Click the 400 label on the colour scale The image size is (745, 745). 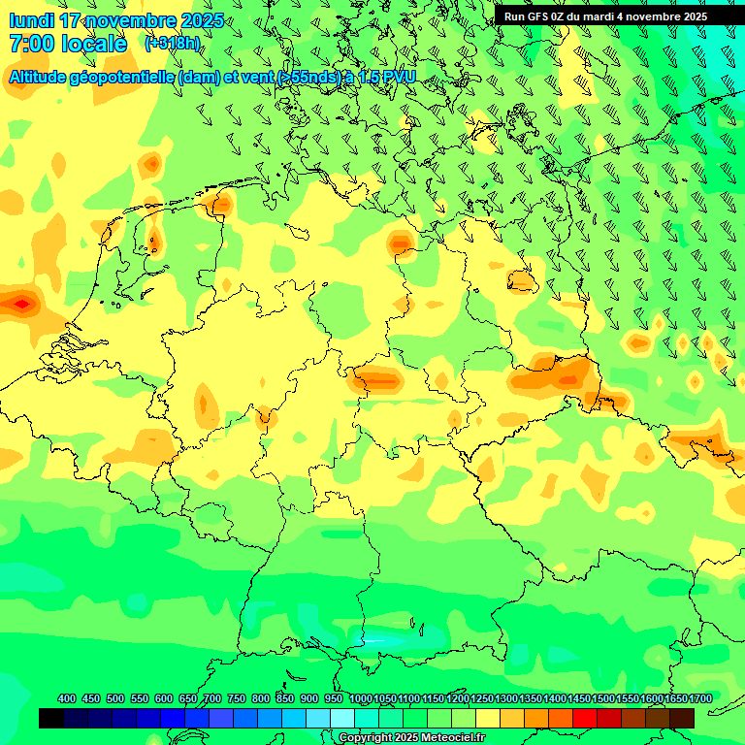(67, 698)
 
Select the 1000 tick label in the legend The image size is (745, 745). (361, 698)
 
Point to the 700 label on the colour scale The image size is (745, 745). (212, 698)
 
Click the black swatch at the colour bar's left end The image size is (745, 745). (51, 718)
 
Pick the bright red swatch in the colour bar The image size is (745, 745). (585, 718)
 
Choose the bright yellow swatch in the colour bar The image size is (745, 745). (488, 718)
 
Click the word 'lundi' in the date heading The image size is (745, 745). (31, 20)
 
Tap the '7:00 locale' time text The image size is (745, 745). (68, 44)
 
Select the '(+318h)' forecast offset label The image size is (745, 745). (172, 43)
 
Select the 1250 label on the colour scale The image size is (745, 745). (482, 698)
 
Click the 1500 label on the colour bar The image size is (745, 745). (602, 698)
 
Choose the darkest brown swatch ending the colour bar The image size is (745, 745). (682, 718)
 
